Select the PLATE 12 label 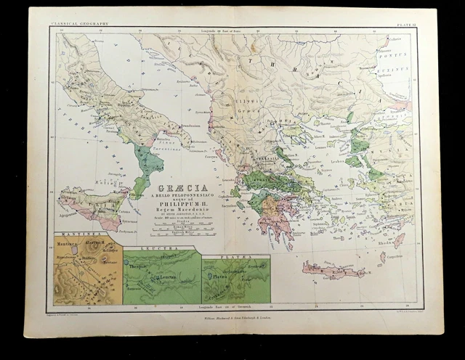pos(404,23)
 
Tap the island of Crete pos(331,271)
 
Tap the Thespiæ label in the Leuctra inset pos(138,266)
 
